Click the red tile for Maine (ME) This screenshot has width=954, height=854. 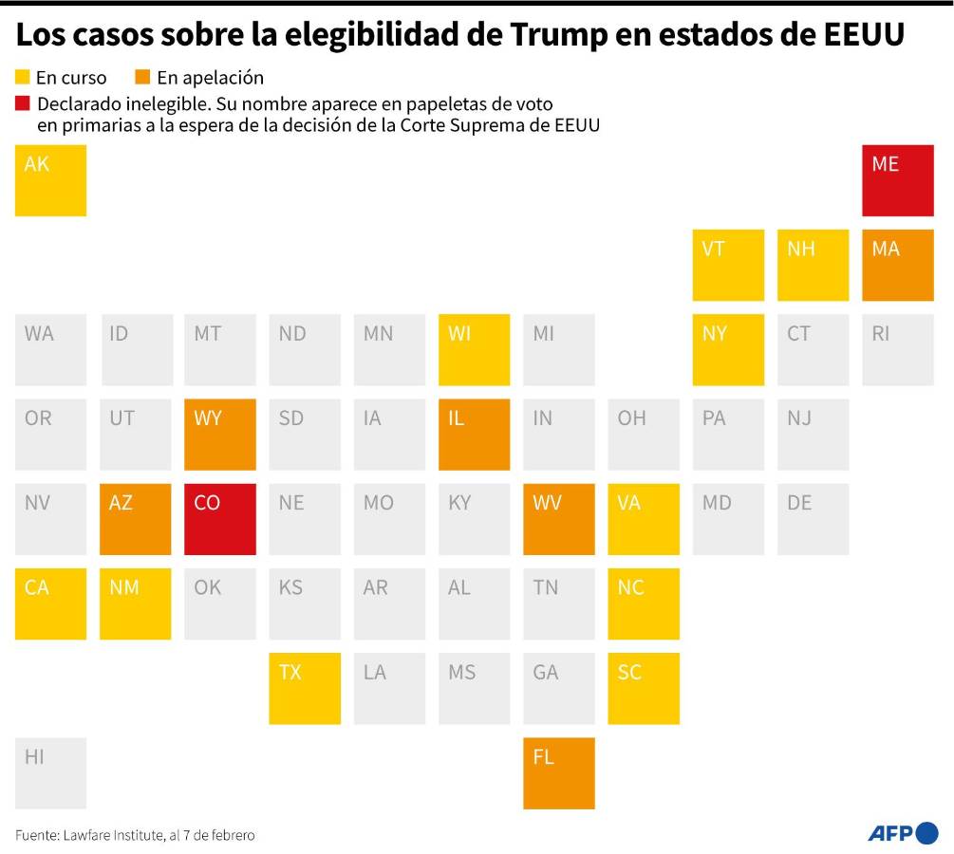click(897, 180)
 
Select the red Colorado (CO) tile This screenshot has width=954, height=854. click(219, 519)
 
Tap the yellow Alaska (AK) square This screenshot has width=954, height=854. click(50, 180)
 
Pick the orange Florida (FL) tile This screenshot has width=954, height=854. click(559, 773)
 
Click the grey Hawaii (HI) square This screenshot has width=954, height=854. click(50, 773)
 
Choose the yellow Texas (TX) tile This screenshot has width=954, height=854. click(305, 689)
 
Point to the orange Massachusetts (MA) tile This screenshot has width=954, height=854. click(897, 265)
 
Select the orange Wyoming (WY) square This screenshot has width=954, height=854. click(219, 435)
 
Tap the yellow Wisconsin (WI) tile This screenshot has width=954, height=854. click(474, 349)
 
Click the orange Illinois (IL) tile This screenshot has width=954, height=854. click(474, 435)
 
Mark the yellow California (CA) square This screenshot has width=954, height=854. click(50, 603)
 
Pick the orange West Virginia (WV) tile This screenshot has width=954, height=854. click(559, 519)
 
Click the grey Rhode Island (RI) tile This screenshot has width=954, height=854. click(897, 349)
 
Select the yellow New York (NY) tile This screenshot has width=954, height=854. click(728, 349)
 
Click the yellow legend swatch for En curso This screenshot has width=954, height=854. click(23, 77)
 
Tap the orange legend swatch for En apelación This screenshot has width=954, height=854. click(143, 77)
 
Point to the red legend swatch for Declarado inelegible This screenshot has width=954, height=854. click(23, 102)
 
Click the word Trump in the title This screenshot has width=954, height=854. click(560, 35)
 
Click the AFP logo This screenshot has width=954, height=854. click(902, 833)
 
